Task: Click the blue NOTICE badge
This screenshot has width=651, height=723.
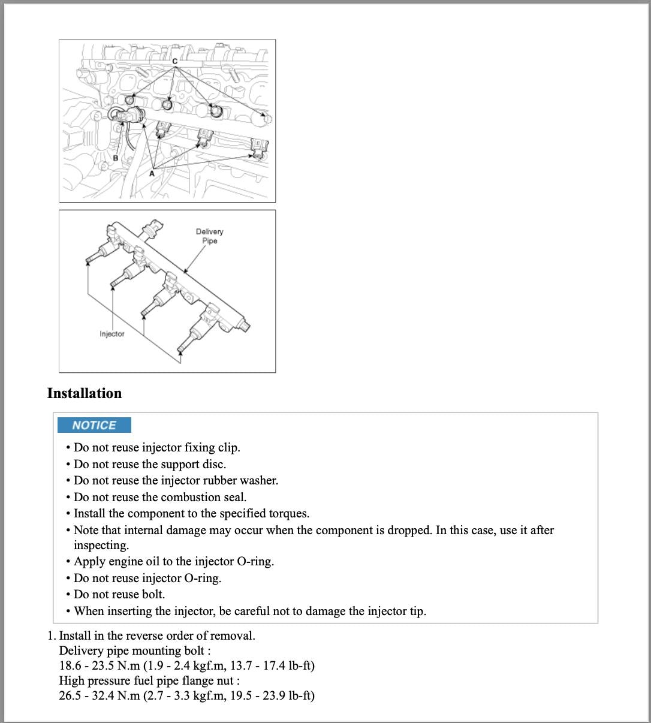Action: [x=94, y=425]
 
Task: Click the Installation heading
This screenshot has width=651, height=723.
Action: [x=84, y=393]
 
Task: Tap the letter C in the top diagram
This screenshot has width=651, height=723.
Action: [x=175, y=61]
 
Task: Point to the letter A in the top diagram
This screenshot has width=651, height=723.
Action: [x=152, y=173]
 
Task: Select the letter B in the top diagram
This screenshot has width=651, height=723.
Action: [x=116, y=158]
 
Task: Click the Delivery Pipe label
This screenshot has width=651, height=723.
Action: [x=209, y=236]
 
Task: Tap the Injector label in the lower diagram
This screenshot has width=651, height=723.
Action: [x=112, y=334]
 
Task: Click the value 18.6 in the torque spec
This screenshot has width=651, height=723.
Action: [x=70, y=665]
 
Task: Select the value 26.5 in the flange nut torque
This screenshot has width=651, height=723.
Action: [x=70, y=695]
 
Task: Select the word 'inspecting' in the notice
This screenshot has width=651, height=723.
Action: [x=100, y=546]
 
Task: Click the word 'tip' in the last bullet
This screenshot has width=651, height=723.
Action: [x=415, y=611]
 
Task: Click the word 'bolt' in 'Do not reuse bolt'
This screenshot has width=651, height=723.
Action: [x=152, y=595]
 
